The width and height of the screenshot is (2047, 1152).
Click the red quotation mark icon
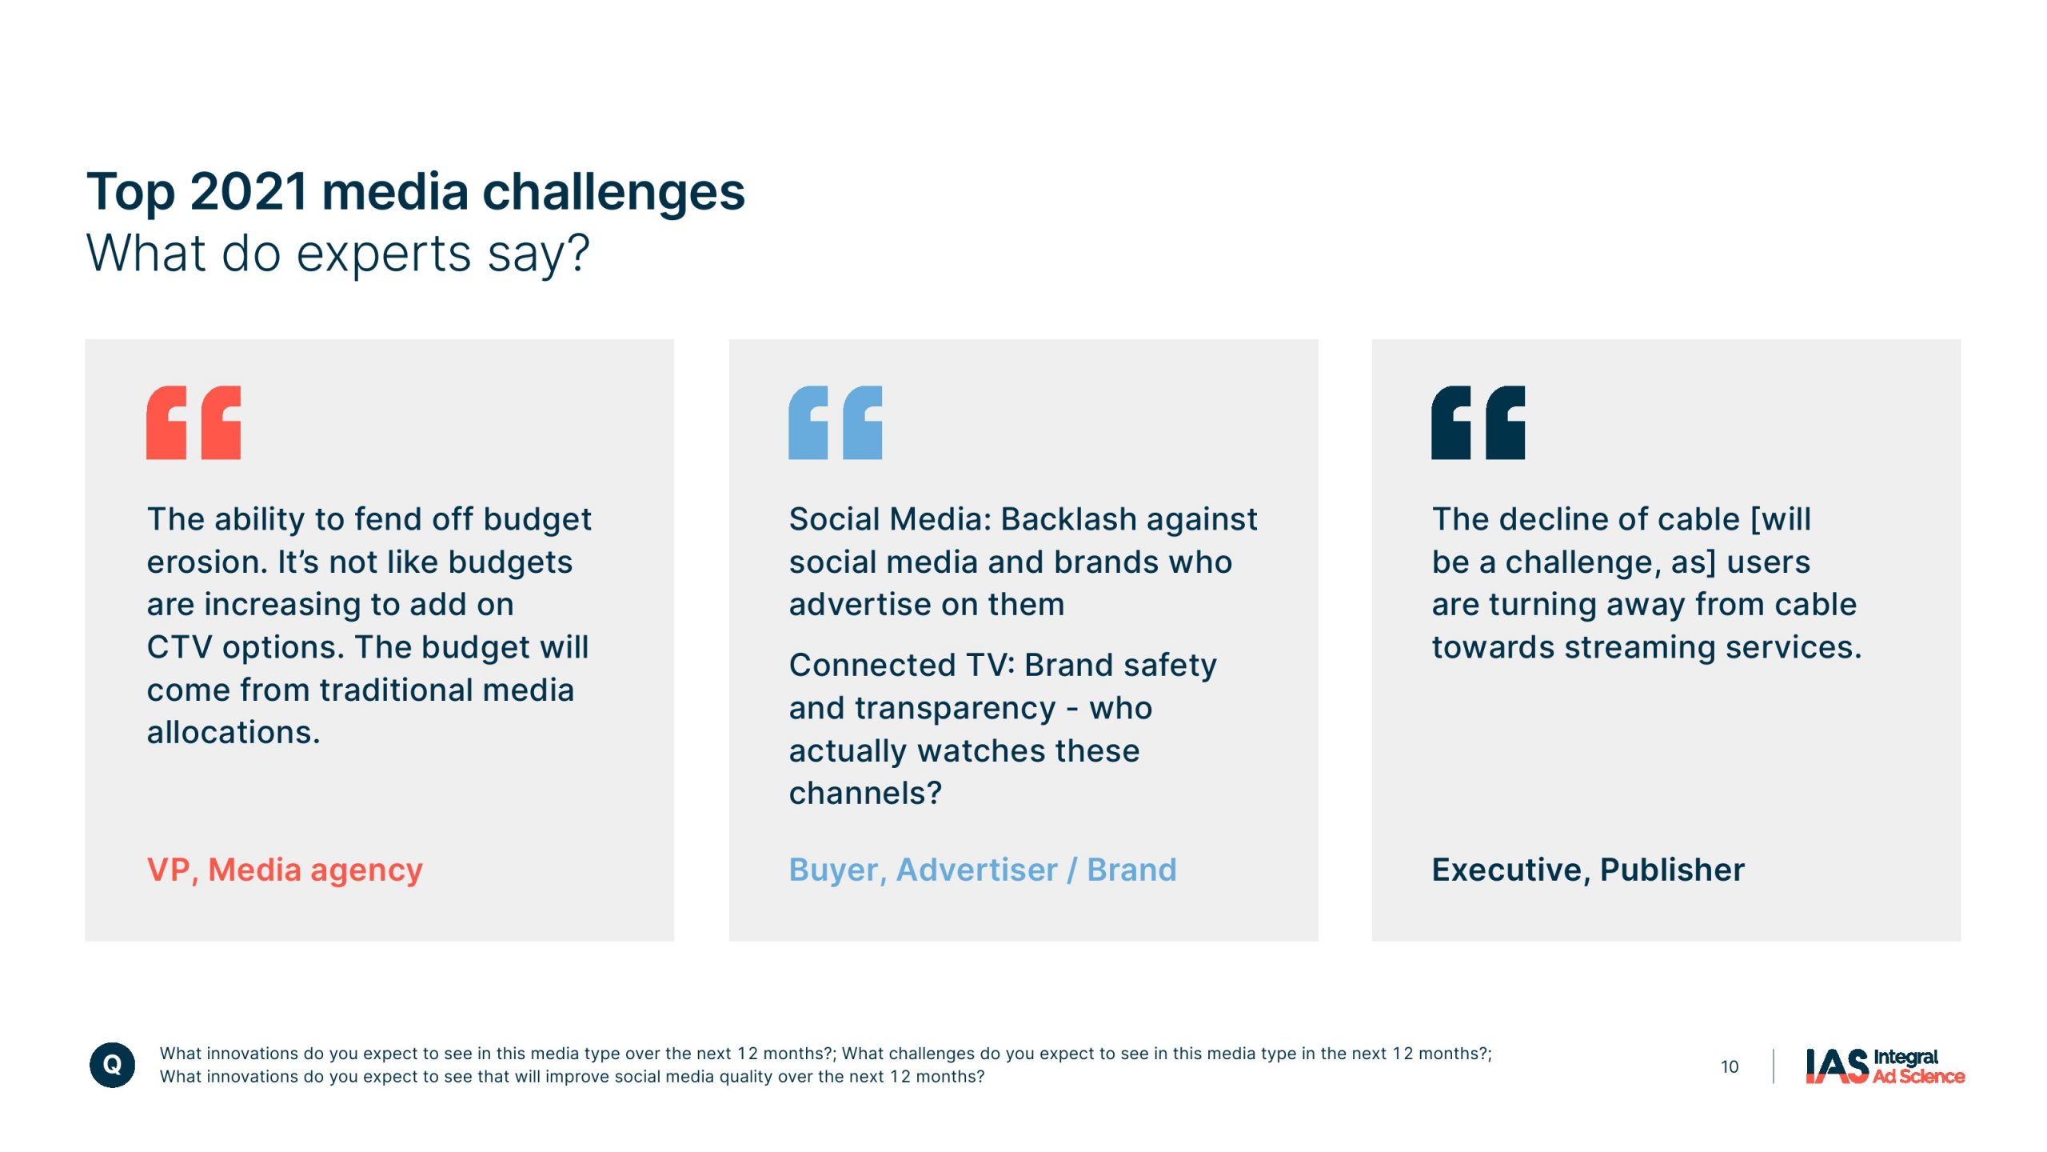pos(194,422)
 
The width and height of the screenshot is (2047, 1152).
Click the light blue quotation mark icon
pos(836,422)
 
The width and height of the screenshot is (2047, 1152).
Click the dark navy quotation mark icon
pos(1478,422)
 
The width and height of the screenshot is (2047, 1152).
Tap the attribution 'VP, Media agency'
pos(285,870)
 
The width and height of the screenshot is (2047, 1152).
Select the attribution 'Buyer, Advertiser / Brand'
pos(983,870)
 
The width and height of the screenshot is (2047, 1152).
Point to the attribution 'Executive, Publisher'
pos(1588,870)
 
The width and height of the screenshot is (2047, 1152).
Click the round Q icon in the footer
pos(112,1065)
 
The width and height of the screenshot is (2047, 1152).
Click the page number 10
pos(1730,1066)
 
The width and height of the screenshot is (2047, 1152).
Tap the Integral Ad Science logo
pos(1885,1066)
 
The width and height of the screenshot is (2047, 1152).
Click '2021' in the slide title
pos(249,192)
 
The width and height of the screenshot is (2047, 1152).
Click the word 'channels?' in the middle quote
pos(865,794)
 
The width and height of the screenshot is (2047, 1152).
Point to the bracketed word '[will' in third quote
pos(1781,520)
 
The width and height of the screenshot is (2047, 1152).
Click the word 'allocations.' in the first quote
pos(233,733)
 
